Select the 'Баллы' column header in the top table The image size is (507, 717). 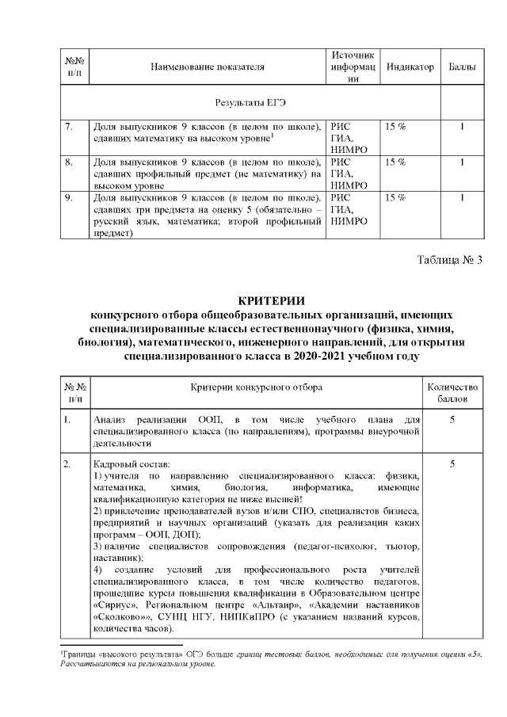pos(462,67)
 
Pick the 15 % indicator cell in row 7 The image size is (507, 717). pos(395,126)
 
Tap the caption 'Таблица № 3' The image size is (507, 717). pos(448,259)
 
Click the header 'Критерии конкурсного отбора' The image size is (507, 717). pos(255,386)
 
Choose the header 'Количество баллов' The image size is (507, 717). pos(452,391)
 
